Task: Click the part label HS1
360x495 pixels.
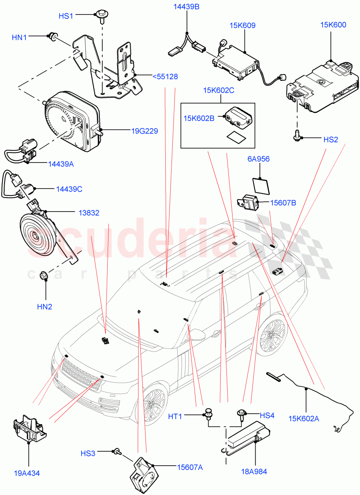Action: tap(66, 16)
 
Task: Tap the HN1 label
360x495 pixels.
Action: tap(19, 38)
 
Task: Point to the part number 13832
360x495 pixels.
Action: tap(89, 212)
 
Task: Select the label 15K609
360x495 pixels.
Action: tap(242, 26)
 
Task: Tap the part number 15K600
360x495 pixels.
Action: tap(333, 25)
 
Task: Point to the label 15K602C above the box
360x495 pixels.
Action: tap(218, 90)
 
